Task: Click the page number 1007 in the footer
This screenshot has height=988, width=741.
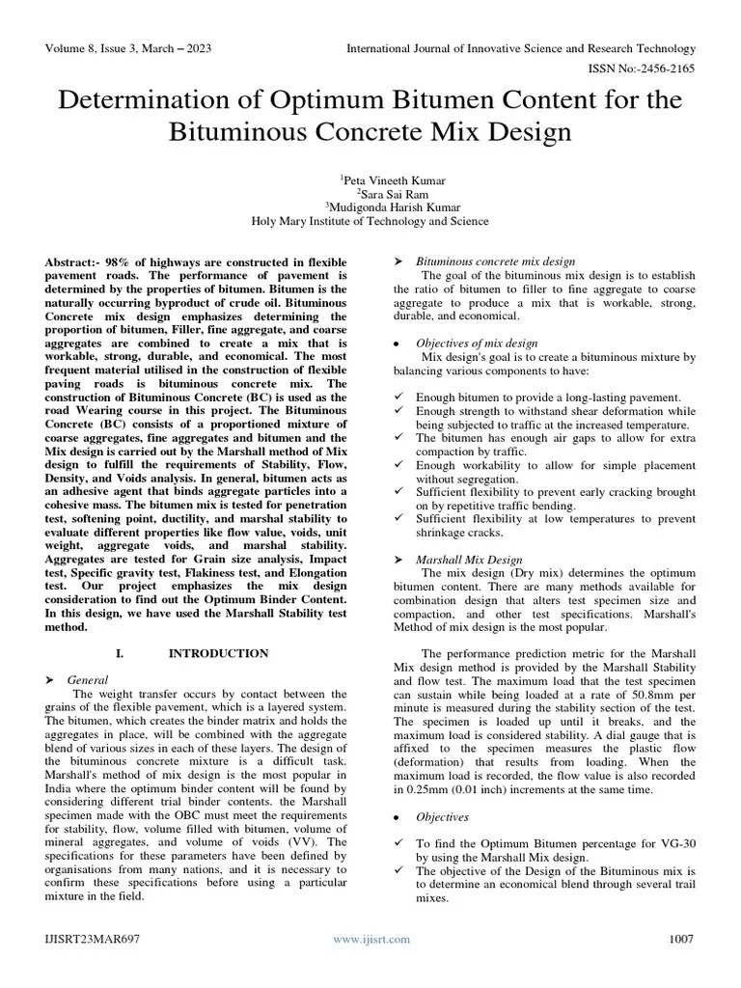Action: click(x=680, y=939)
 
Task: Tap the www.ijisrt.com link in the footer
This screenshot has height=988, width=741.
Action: click(x=371, y=939)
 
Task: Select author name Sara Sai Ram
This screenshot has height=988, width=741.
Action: click(x=371, y=193)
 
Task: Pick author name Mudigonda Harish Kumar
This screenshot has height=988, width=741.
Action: click(x=371, y=206)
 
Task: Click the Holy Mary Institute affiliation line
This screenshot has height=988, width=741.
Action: click(x=370, y=220)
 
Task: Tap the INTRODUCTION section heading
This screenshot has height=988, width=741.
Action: click(x=218, y=653)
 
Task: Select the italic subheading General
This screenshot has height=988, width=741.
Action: click(x=87, y=679)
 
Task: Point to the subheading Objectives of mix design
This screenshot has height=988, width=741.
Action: click(x=477, y=343)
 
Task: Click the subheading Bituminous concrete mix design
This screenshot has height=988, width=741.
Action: click(x=495, y=261)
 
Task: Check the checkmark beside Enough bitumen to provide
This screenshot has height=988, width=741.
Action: click(x=399, y=398)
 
